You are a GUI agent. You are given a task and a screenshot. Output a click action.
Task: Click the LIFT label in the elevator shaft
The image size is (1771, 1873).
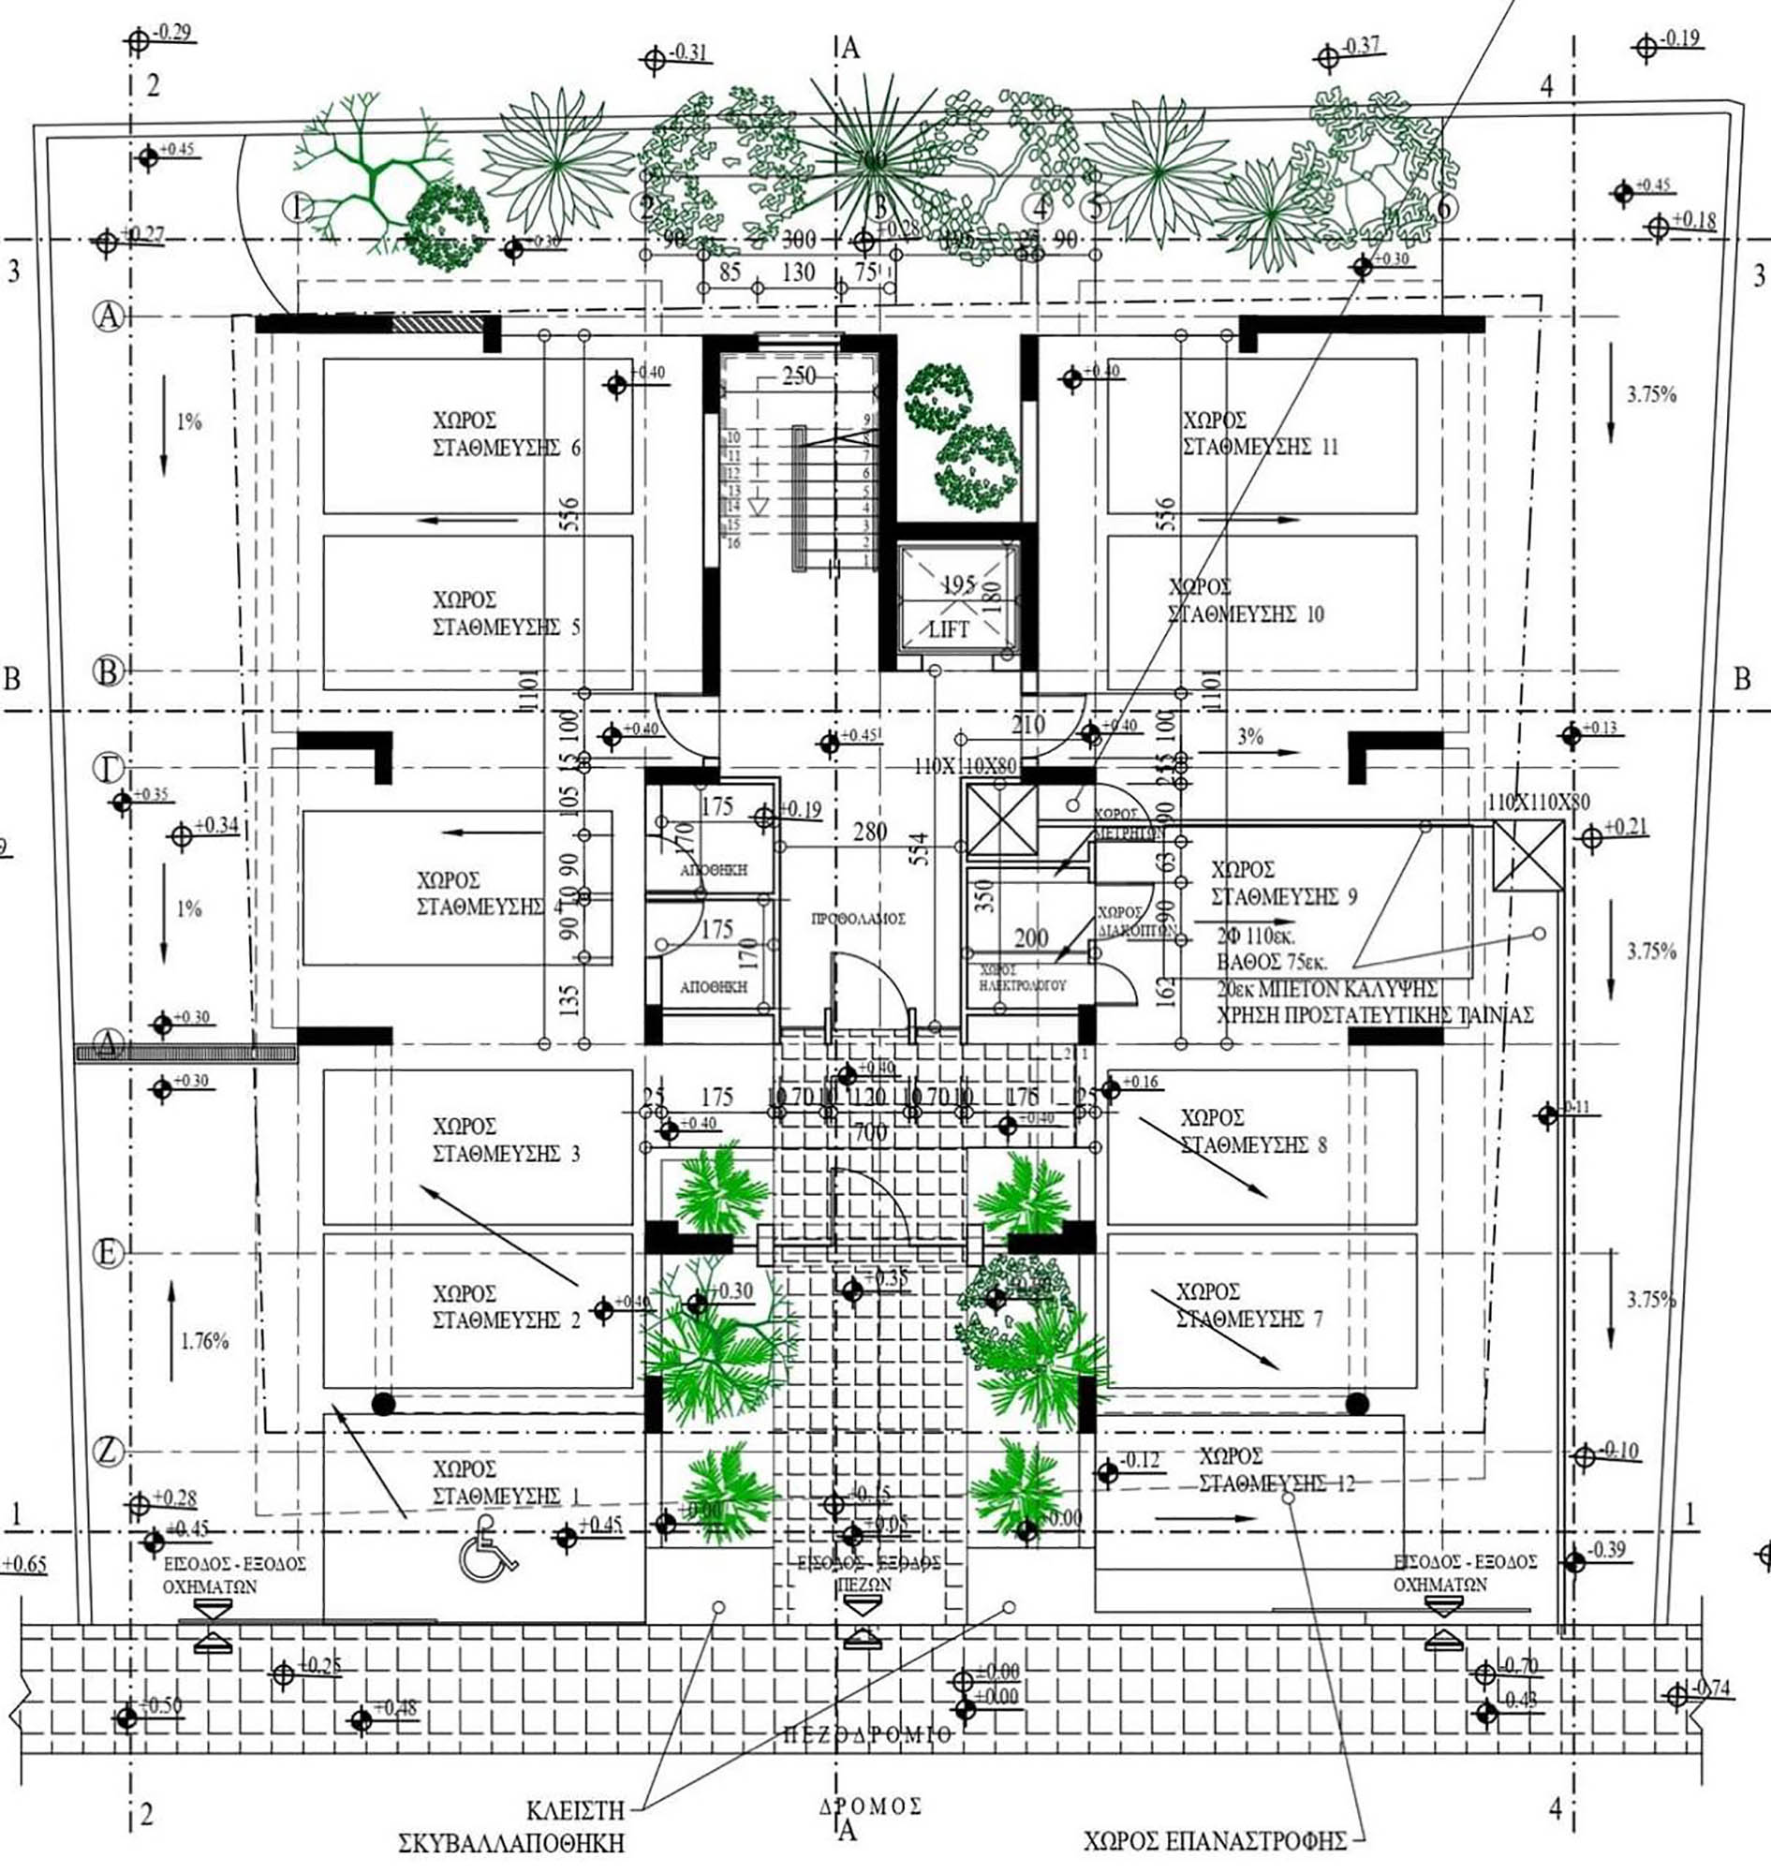coord(949,629)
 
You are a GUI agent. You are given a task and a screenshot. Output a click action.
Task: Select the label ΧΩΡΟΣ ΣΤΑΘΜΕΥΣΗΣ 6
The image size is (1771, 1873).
coord(506,435)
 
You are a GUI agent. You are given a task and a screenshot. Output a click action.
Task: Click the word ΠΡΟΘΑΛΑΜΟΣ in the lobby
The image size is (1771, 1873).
coord(858,918)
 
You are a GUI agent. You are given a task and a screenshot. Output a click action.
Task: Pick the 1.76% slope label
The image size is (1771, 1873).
coord(204,1340)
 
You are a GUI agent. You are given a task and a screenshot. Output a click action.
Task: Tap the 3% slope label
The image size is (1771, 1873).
coord(1250,737)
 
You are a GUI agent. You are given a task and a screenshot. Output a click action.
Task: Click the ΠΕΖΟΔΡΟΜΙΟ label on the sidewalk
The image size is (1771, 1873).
coord(867,1735)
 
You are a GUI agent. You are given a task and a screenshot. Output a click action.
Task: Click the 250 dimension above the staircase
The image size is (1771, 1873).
coord(799,376)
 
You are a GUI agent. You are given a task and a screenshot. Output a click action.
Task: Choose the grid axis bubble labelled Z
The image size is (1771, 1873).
coord(109,1450)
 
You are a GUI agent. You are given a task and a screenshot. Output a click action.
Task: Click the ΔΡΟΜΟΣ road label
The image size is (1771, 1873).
coord(870,1806)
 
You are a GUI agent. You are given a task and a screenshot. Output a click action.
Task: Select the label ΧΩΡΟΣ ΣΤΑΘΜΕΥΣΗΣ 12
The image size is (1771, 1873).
coord(1276,1470)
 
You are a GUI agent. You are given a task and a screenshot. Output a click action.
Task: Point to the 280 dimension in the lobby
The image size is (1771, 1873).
coord(869,832)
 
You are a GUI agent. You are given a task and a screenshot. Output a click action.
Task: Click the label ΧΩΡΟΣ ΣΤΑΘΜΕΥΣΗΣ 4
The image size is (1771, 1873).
coord(488,894)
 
